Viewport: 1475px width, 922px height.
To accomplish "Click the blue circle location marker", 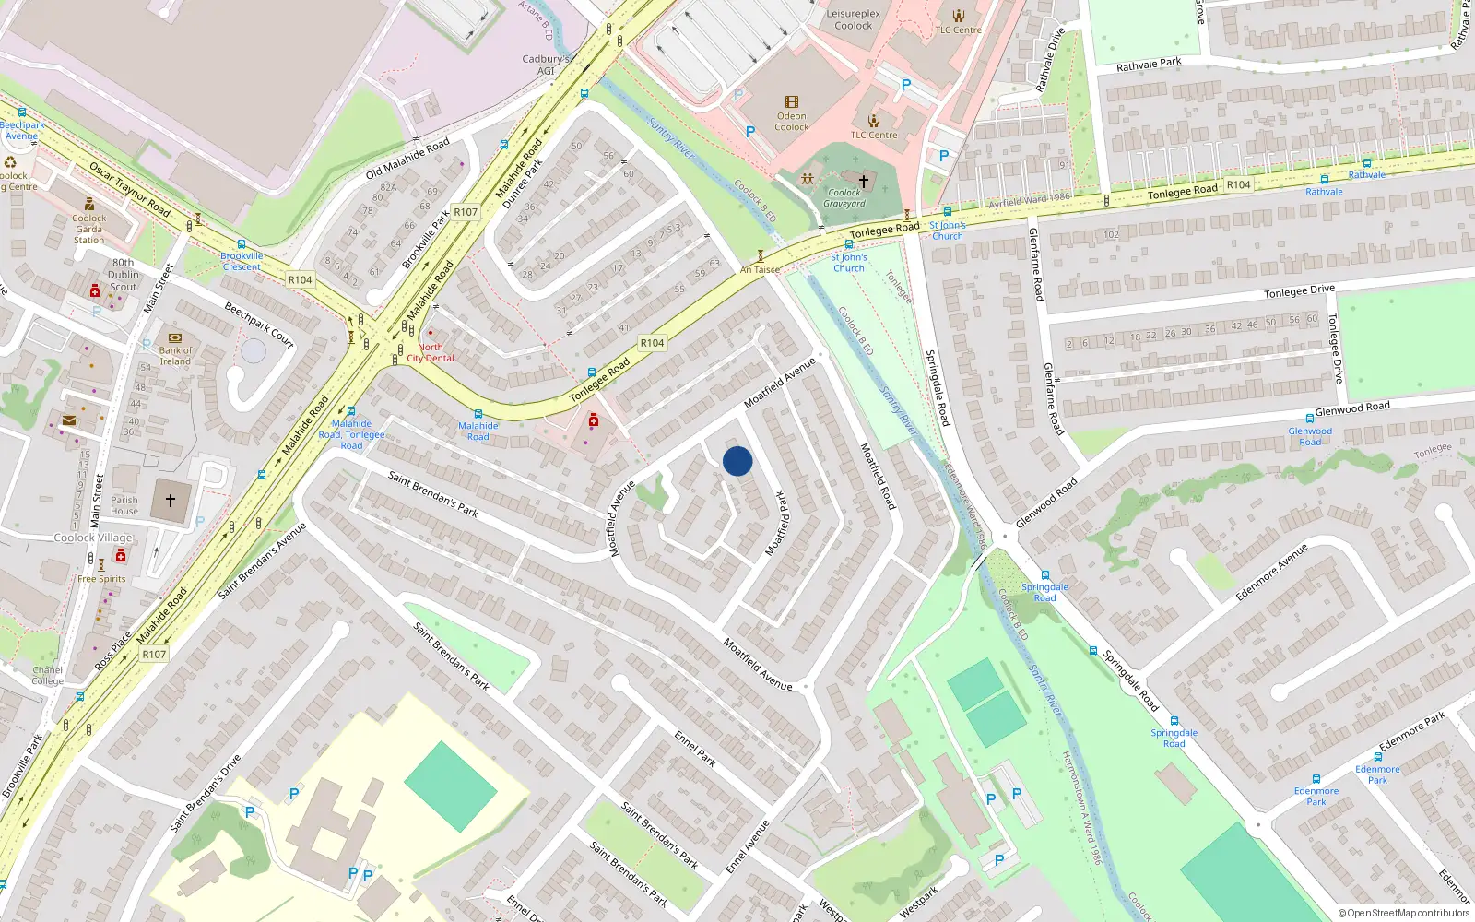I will [x=737, y=461].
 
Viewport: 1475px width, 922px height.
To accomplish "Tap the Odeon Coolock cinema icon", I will [x=791, y=102].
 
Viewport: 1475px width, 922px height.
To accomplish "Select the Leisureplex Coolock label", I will [x=853, y=19].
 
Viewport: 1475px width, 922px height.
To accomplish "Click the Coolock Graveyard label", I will [x=844, y=198].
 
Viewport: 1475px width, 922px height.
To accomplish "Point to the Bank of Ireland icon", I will [x=175, y=337].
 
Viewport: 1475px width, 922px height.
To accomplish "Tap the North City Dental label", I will [x=431, y=352].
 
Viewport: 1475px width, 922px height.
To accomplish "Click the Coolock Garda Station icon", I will [x=89, y=204].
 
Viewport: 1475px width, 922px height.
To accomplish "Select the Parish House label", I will [x=124, y=505].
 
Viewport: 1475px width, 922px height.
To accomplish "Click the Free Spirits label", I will [x=101, y=579].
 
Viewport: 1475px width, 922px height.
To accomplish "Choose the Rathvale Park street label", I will [x=1149, y=65].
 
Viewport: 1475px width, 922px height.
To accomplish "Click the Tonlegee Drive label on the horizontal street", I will [x=1299, y=291].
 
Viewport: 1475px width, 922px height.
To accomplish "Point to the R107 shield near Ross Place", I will [x=154, y=655].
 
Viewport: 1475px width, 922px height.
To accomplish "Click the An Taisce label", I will [x=760, y=269].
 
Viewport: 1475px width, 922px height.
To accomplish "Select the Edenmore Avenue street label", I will [x=1271, y=573].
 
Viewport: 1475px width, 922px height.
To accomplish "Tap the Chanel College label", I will [x=48, y=676].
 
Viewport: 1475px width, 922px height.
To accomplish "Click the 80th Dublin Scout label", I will [x=124, y=275].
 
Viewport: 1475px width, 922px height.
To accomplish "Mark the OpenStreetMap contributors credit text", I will [x=1404, y=914].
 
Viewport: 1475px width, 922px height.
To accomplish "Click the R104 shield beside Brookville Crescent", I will [x=300, y=279].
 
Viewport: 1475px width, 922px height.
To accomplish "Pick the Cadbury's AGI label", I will [x=546, y=65].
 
